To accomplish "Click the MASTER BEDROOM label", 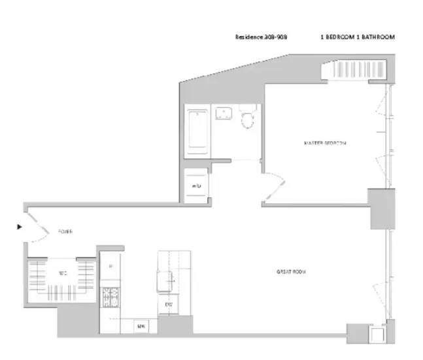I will (x=325, y=142).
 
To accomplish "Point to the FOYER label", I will (x=65, y=232).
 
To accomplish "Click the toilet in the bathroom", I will (x=248, y=118).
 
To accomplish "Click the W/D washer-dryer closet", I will (x=195, y=186).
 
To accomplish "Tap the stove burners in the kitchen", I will (x=110, y=299).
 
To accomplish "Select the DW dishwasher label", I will (x=168, y=305).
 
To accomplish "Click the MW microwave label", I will (x=141, y=325).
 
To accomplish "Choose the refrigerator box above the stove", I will (x=110, y=267).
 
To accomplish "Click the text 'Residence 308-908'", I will (x=260, y=37).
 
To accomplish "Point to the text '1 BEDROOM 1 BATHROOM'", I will (x=358, y=37).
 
